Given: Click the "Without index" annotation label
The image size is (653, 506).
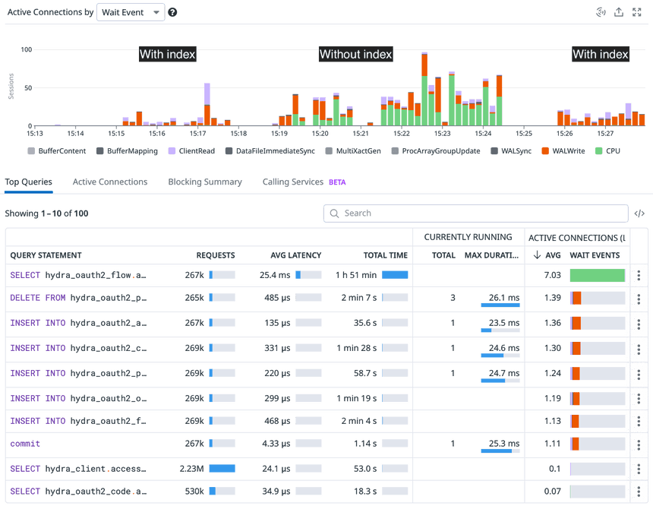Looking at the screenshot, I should click(355, 54).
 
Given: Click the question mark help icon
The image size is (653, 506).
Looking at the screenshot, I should click(173, 12).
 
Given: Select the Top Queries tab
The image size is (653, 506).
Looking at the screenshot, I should click(29, 182).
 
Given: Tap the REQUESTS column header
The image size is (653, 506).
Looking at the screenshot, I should click(216, 255).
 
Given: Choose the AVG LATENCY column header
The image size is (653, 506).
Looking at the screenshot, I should click(295, 255).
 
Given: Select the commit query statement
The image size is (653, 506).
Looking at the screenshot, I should click(25, 443).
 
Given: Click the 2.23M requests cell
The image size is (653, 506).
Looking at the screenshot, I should click(191, 469).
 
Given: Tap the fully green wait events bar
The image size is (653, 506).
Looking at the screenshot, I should click(597, 275).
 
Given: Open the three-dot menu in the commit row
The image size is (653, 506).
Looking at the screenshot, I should click(639, 443).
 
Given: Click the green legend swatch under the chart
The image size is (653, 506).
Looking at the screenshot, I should click(598, 151).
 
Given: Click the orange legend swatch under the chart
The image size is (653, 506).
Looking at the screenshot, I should click(544, 151).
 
